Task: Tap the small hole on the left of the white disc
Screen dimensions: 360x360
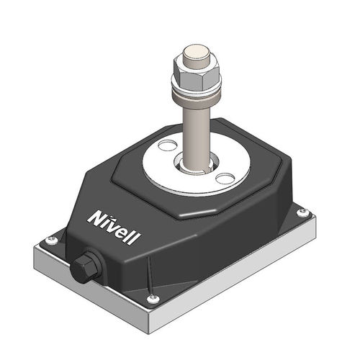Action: coord(166,146)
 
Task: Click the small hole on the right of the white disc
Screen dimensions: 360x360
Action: coord(225,178)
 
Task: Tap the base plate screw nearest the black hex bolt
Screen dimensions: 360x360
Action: coord(50,240)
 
